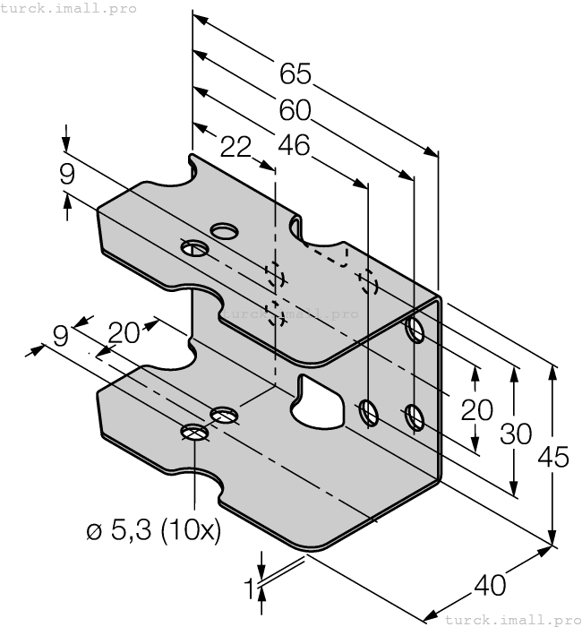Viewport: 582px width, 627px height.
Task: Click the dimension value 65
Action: [295, 73]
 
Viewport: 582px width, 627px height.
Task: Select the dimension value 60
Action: [295, 109]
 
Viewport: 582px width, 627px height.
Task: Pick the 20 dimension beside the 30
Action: [476, 410]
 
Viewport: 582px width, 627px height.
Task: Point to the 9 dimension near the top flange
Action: [67, 174]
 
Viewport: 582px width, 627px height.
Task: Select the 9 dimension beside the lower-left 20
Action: [60, 335]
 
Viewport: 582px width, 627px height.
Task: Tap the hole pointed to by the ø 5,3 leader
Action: [195, 433]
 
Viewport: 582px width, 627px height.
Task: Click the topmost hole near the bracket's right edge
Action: [414, 330]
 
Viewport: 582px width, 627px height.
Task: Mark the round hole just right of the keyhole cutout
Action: [368, 412]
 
